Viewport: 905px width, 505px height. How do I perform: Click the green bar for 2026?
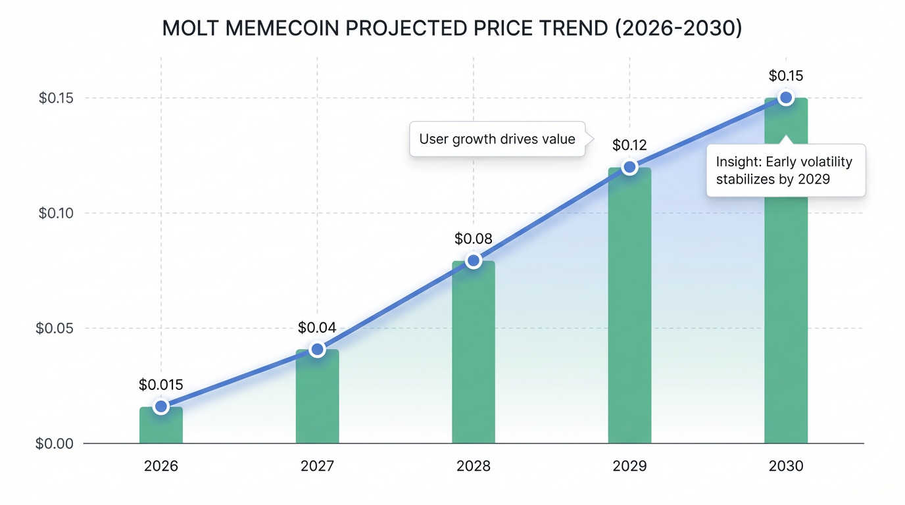(161, 425)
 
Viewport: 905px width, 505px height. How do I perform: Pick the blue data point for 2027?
(317, 349)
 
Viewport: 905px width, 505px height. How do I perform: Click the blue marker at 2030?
(785, 98)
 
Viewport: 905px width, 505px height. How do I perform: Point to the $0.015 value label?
(161, 385)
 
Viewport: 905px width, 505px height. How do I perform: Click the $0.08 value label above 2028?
(474, 239)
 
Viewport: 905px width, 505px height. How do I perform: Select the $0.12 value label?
(629, 145)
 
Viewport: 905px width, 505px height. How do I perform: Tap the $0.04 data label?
(317, 327)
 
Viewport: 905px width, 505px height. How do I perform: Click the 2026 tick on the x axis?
(161, 466)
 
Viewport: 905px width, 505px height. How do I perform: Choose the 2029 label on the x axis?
(629, 466)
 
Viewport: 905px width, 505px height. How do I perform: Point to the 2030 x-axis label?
(785, 466)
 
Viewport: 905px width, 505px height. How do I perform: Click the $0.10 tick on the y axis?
(57, 213)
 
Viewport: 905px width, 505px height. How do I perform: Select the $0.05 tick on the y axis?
(57, 328)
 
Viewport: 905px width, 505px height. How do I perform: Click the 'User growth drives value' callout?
(497, 139)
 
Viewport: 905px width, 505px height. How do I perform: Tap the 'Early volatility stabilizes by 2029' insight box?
(785, 170)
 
